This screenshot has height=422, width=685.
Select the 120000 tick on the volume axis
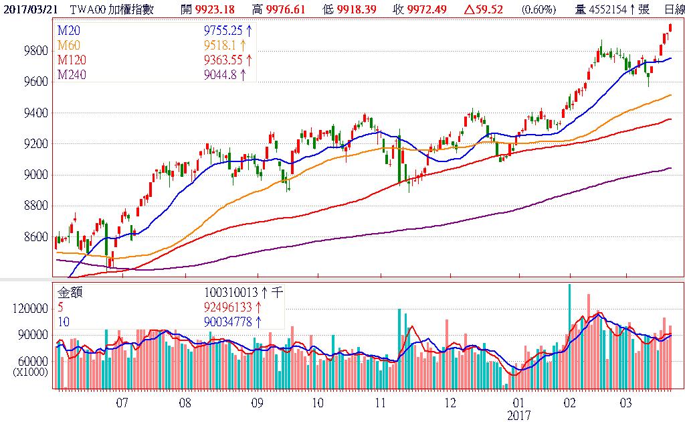click(x=30, y=309)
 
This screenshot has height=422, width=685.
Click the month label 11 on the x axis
click(x=379, y=403)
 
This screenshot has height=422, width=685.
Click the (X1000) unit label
click(x=30, y=372)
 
